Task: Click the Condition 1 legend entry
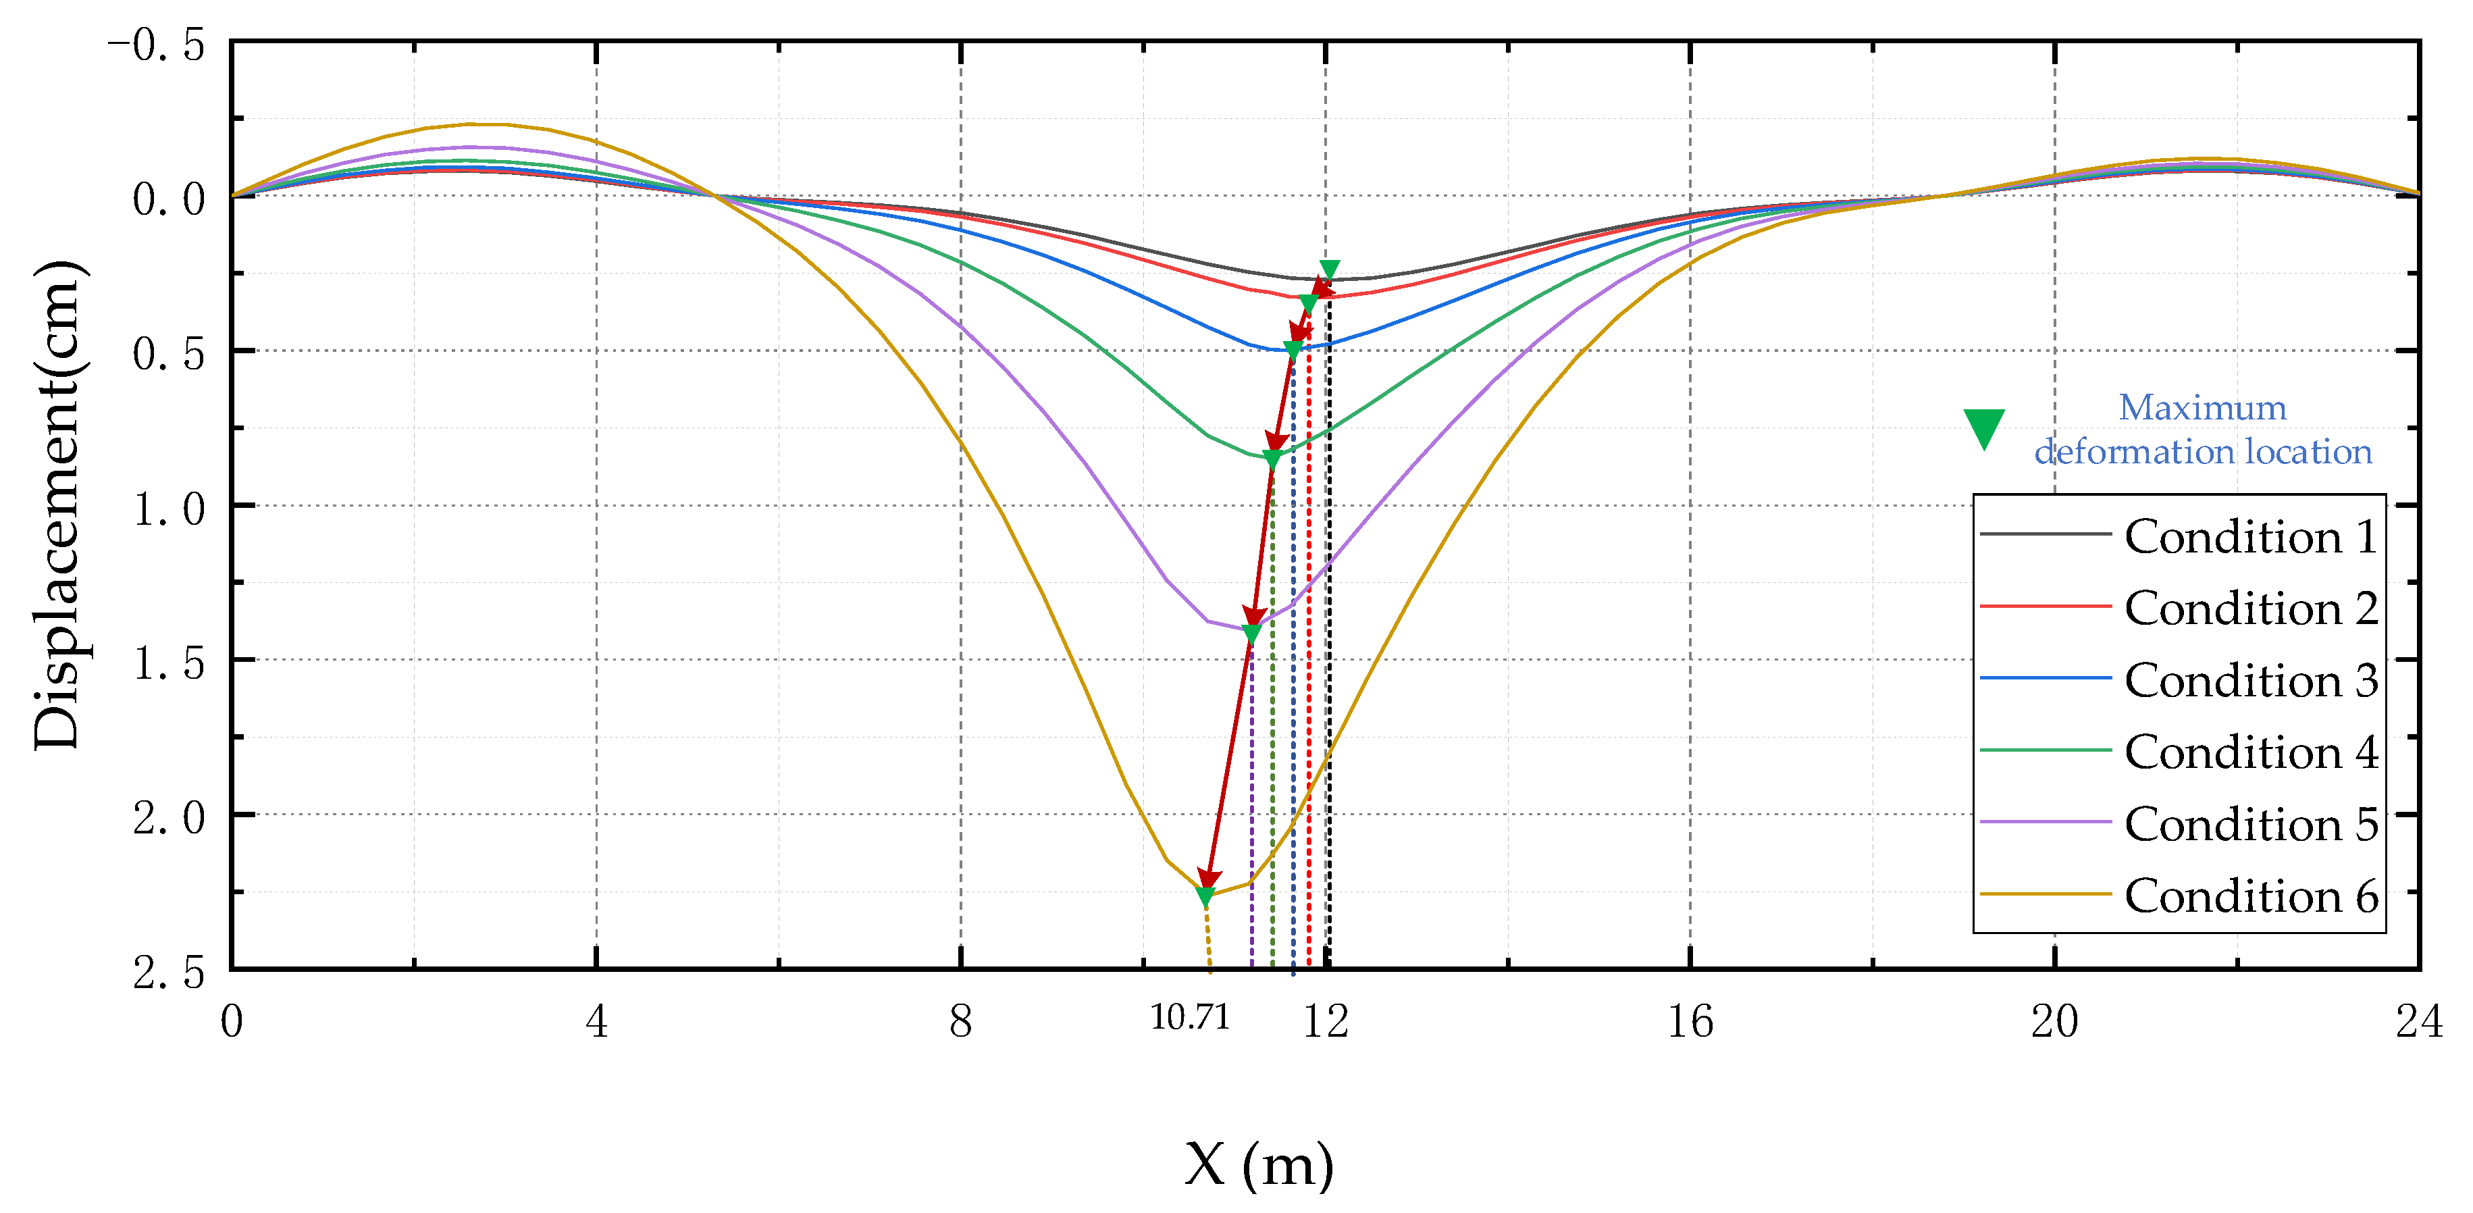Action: coord(2250,536)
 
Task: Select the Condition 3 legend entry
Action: coord(2250,680)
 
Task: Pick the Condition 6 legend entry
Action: coord(2250,896)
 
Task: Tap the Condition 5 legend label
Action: coord(2250,824)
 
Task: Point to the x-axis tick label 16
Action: coord(1690,1021)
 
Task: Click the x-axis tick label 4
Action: coord(596,1021)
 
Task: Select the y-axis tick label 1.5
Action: coord(169,663)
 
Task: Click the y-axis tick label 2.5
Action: coord(169,972)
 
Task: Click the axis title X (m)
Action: coord(1259,1166)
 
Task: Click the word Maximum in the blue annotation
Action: coord(2202,407)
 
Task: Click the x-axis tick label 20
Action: coord(2054,1021)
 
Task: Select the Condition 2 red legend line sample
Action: coord(2045,607)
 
